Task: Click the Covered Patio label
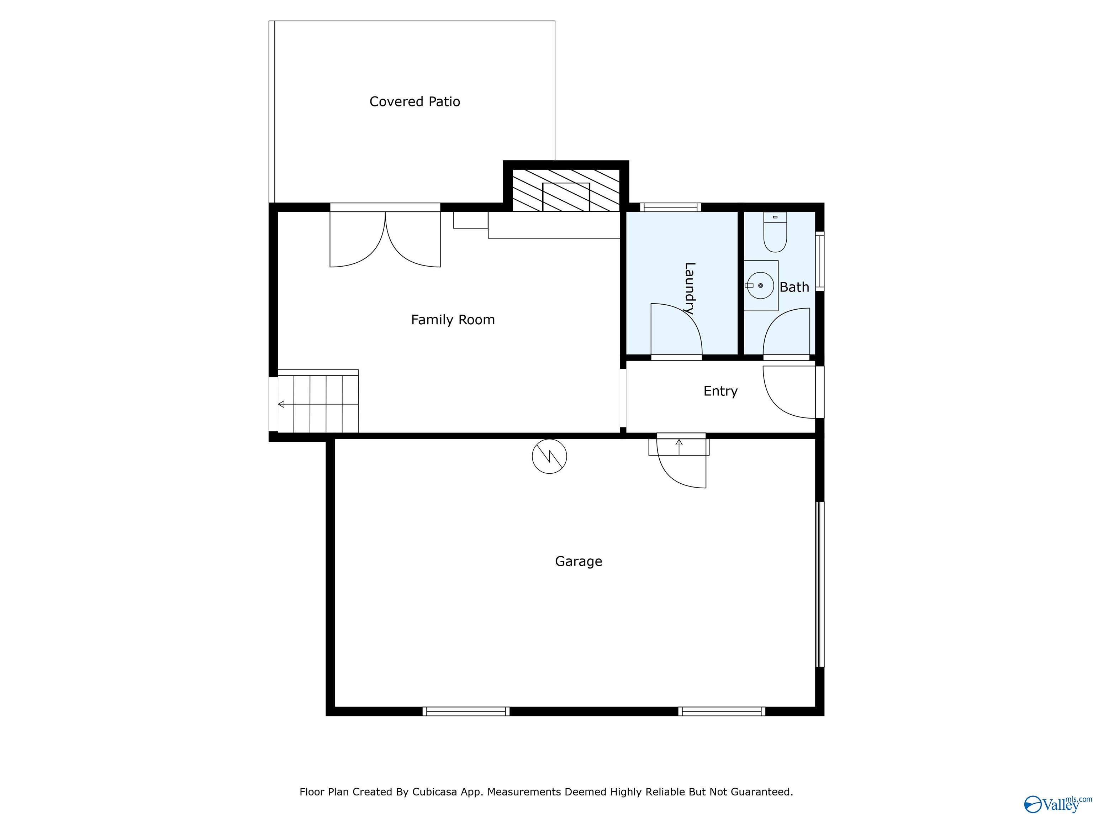415,102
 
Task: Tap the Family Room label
453,320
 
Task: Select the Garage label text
578,562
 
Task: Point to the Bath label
794,287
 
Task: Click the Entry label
720,391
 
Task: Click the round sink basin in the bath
760,286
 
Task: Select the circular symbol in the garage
549,456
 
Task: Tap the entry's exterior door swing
789,392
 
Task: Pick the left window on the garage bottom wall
466,711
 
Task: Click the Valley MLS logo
1057,805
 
